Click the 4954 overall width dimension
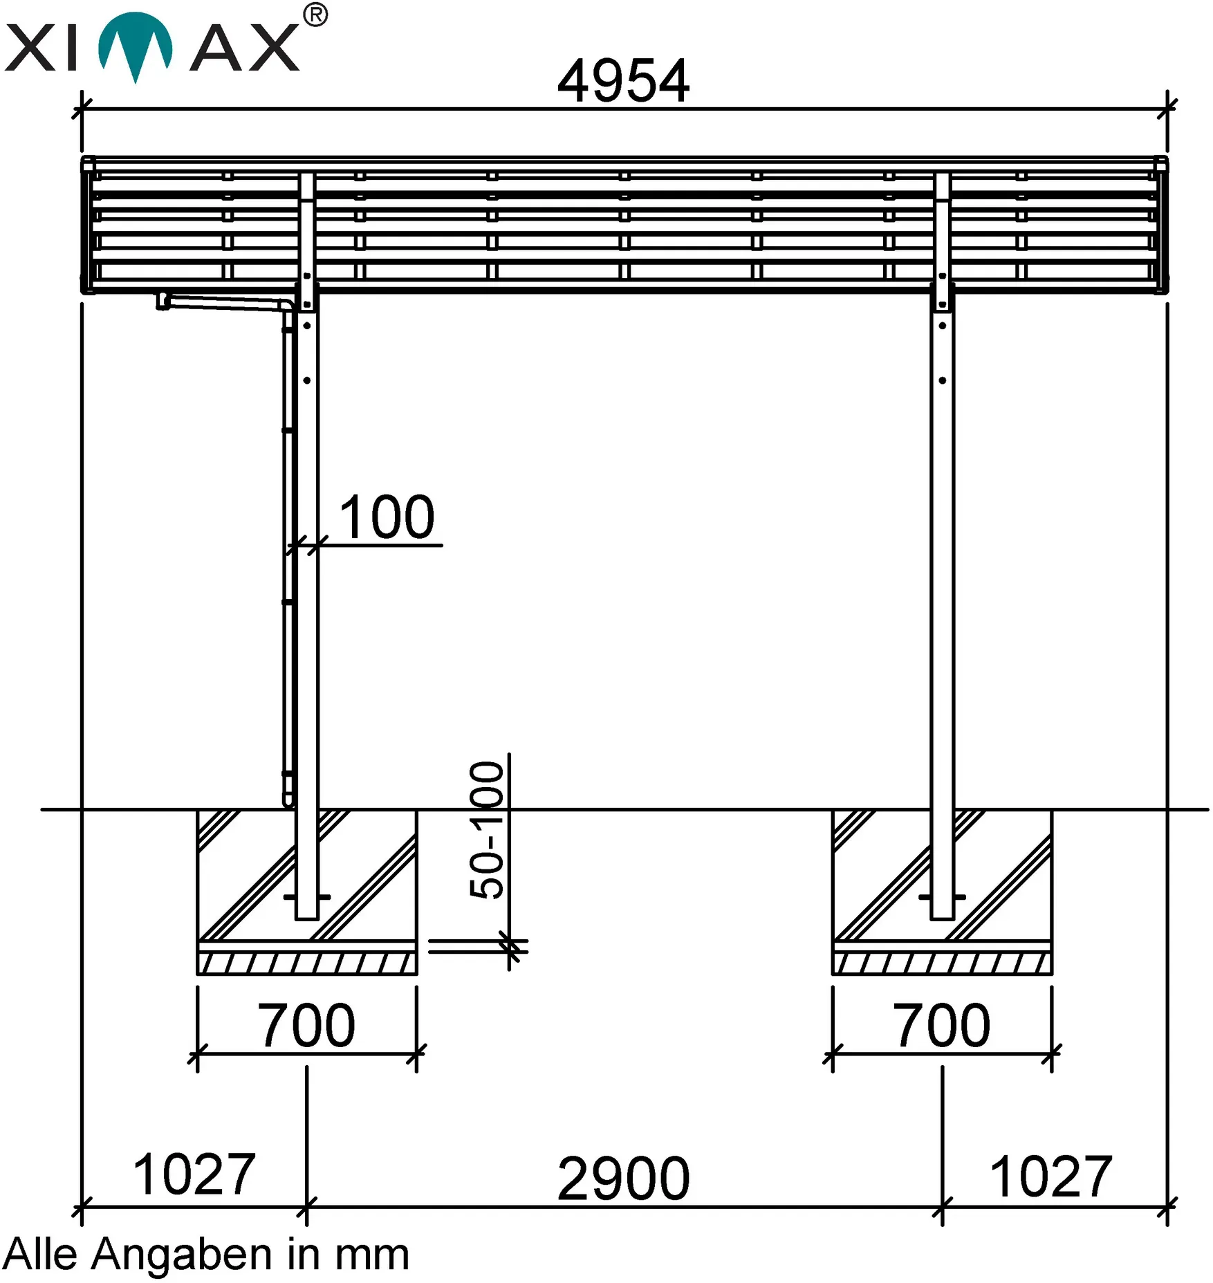click(623, 81)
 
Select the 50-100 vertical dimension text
click(487, 830)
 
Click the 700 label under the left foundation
click(306, 1025)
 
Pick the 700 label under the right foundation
click(941, 1025)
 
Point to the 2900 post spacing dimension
click(623, 1179)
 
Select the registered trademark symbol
click(315, 15)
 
